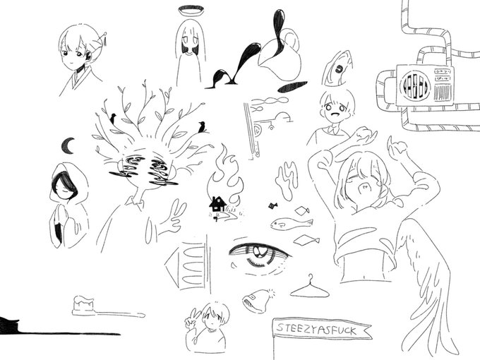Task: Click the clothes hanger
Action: (x=311, y=287)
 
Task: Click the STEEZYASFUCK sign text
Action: (x=315, y=330)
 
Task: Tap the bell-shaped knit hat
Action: (x=256, y=300)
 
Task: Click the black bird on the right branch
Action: (x=203, y=127)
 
